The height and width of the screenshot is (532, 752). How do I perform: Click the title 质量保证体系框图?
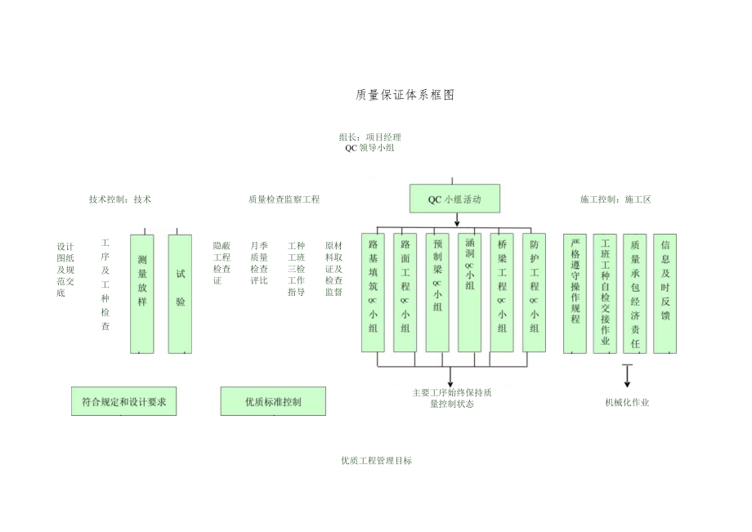405,95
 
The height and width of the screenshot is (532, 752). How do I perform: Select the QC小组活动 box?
454,199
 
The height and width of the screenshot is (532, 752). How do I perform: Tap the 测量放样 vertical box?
142,293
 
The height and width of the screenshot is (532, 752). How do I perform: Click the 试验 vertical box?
180,293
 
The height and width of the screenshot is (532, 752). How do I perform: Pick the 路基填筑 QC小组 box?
373,293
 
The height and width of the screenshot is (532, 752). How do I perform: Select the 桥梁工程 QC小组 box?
502,293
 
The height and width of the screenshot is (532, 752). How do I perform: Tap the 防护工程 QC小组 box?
534,293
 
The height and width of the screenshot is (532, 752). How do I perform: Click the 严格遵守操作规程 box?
575,293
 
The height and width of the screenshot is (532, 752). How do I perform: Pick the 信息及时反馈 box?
665,293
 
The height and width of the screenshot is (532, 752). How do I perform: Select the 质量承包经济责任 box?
635,293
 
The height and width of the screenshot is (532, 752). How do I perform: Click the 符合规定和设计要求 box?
123,401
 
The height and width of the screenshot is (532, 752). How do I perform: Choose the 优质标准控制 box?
273,401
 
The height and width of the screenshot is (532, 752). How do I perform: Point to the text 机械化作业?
627,402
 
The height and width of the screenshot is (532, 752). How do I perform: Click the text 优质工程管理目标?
376,461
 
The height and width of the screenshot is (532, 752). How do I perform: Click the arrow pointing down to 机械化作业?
628,376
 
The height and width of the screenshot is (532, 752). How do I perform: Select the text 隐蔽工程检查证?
222,262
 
